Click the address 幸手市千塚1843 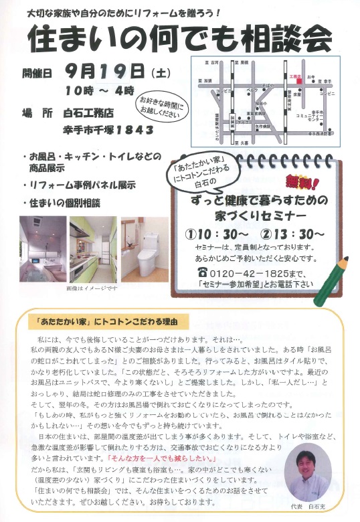108,129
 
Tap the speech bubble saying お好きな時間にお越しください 161,106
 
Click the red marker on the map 292,83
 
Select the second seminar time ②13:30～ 292,234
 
